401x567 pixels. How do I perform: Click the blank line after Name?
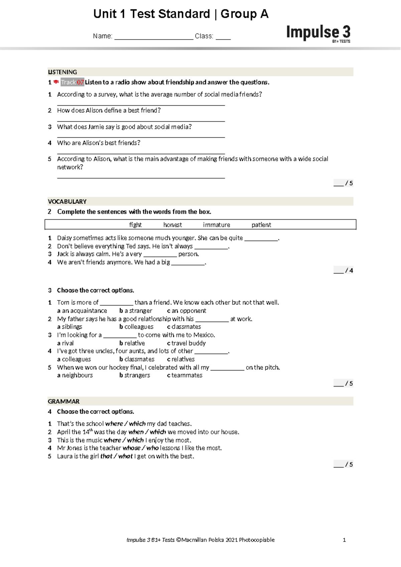154,37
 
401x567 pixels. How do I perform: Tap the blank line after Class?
223,37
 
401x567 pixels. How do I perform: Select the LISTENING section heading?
62,72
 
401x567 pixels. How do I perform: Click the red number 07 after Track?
80,82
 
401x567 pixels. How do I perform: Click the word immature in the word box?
216,225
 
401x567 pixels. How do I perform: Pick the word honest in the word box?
172,225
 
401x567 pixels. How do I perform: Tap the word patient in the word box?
261,225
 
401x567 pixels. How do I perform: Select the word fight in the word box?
135,225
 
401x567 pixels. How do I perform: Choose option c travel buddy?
186,343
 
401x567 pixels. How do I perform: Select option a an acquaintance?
82,311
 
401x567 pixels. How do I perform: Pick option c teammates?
185,375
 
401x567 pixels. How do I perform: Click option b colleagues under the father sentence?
136,327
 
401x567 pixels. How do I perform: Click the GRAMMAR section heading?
64,402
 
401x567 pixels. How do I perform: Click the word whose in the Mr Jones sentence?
131,448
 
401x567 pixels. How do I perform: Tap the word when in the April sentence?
136,432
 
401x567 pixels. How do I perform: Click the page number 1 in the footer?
344,540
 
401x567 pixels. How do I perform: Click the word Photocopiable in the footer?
257,540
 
